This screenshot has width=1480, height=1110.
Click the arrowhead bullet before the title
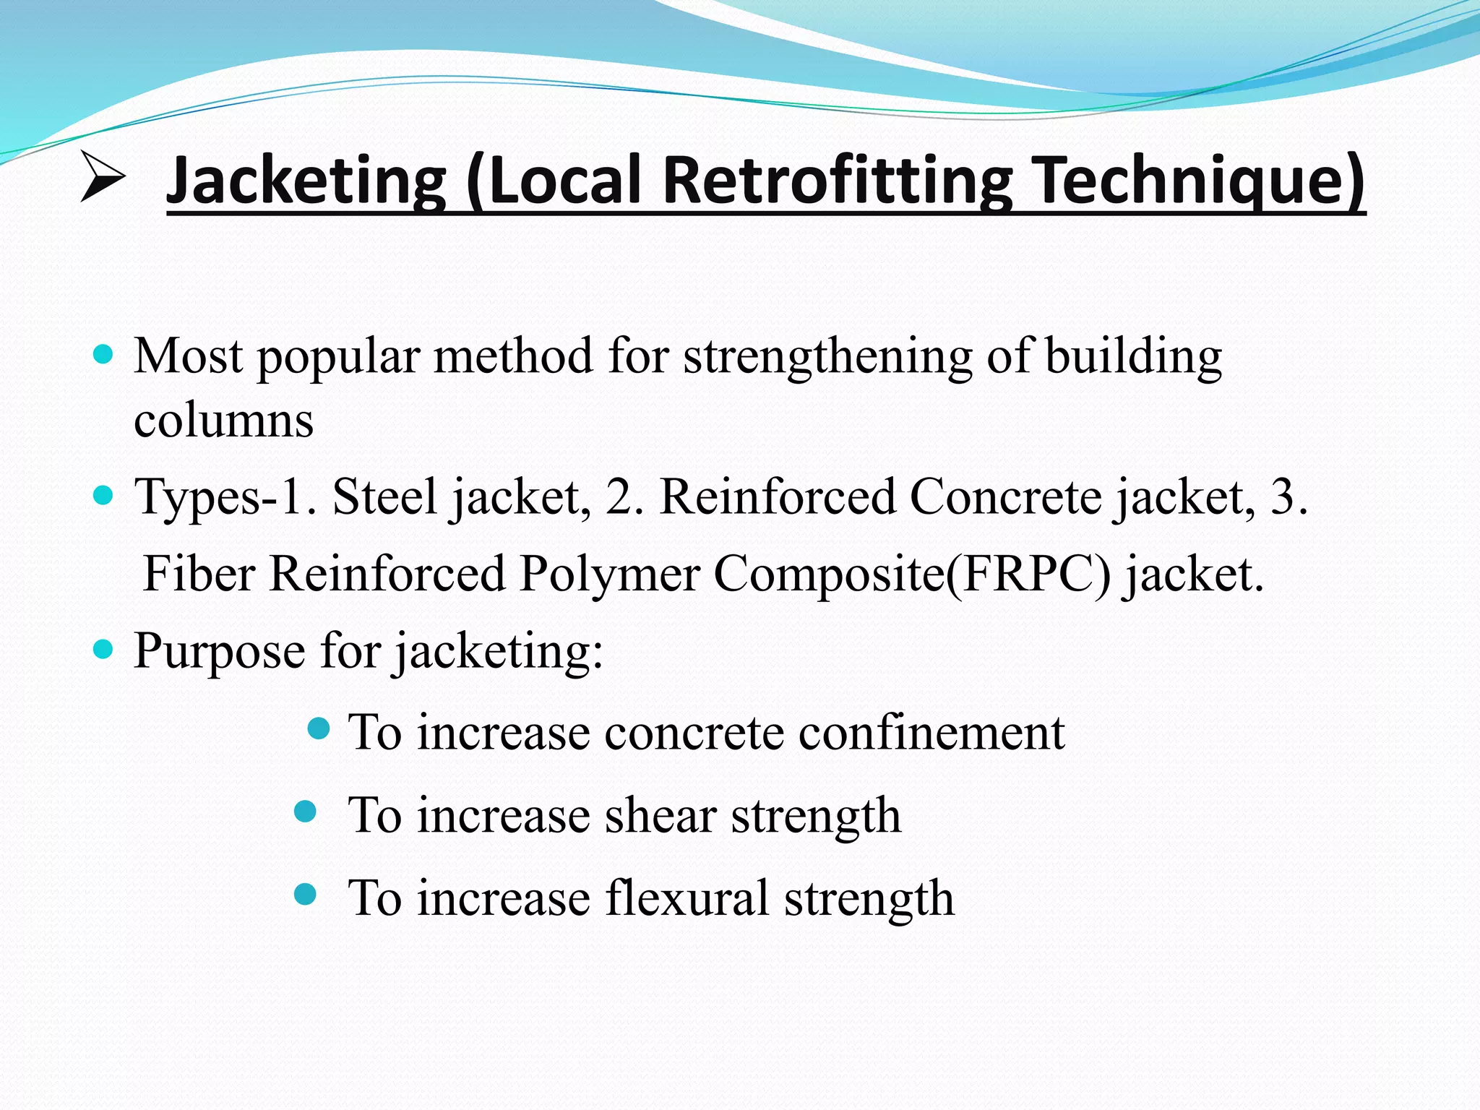103,176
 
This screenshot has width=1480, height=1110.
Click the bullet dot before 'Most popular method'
104,354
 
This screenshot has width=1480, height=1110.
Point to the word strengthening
828,357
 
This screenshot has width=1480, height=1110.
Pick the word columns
224,421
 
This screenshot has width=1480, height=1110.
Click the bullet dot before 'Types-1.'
104,496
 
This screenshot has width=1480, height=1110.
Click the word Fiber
199,574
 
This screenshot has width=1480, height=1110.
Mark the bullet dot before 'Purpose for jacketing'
104,649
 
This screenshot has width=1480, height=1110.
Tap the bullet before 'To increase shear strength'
306,812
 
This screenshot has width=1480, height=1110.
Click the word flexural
687,898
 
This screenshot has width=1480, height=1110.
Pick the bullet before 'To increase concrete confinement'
319,728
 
